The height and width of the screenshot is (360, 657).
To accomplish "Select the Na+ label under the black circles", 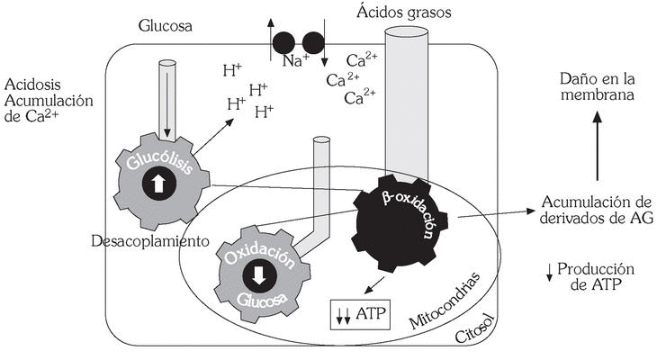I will point(298,62).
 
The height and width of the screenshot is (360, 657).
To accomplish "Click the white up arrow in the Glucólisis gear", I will point(157,184).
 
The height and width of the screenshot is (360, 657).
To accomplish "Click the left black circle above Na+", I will point(283,41).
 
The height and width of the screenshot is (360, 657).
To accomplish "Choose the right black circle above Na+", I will point(313,41).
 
